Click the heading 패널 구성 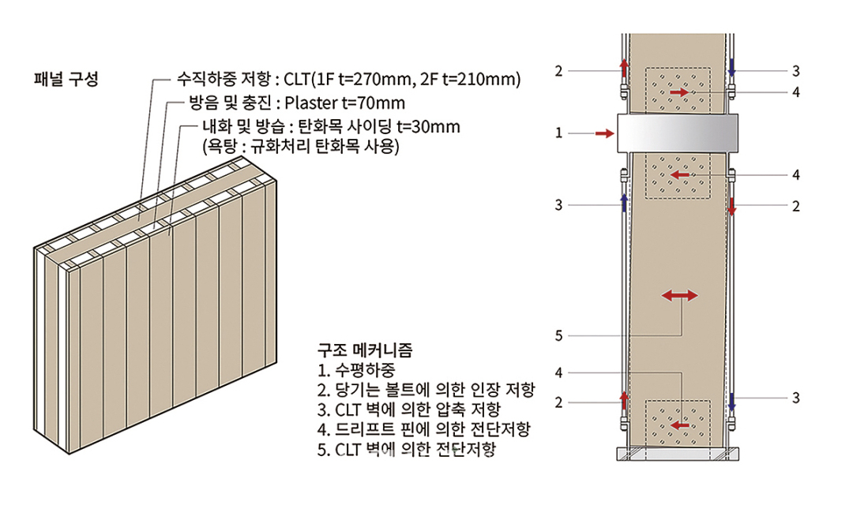click(66, 80)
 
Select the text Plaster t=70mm click(345, 103)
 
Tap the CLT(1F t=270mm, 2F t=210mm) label click(402, 80)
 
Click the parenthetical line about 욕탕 click(301, 147)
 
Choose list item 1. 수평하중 click(356, 370)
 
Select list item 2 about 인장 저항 click(426, 390)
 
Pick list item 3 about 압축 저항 click(408, 410)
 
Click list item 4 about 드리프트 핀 click(424, 429)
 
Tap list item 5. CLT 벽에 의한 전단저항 click(407, 449)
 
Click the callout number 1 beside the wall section click(558, 133)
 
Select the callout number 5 click(558, 336)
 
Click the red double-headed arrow click(679, 296)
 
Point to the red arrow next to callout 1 click(604, 133)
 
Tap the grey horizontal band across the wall click(678, 133)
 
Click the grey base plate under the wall click(678, 454)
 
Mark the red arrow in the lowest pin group click(679, 425)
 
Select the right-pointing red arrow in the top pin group click(679, 93)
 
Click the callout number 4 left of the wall click(558, 373)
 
